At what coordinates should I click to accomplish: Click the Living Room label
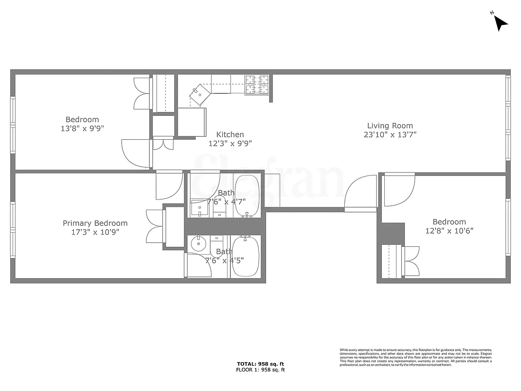(390, 126)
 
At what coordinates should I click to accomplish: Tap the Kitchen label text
(230, 135)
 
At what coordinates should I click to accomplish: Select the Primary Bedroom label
(95, 223)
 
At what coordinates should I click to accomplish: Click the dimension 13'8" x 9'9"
(82, 128)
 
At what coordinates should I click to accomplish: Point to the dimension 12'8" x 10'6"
(449, 231)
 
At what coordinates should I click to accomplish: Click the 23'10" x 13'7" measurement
(390, 134)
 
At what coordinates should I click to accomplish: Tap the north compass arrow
(500, 22)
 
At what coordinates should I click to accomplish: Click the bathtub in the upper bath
(249, 196)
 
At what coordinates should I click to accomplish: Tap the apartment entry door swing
(360, 195)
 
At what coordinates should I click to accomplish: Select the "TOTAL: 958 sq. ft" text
(260, 364)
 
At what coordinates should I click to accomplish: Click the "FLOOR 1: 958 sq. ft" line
(260, 370)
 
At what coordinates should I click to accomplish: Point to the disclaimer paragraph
(416, 357)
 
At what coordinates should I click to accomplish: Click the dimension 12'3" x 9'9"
(230, 143)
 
